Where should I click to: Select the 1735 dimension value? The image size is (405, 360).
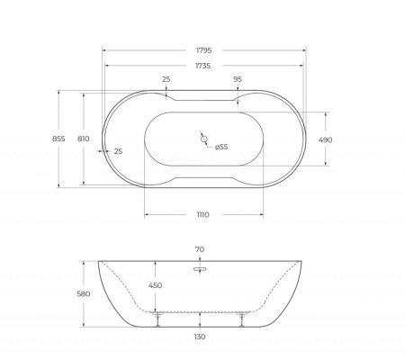(x=202, y=66)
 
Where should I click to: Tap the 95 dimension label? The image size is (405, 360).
(x=238, y=79)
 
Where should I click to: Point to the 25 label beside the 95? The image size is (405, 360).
(x=166, y=79)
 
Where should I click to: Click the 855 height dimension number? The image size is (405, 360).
(x=58, y=139)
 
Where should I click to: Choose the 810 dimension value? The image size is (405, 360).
(x=83, y=139)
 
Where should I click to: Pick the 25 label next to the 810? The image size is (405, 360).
(x=118, y=151)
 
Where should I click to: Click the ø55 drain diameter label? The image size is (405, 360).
(x=221, y=147)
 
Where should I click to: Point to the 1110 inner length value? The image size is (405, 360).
(x=202, y=214)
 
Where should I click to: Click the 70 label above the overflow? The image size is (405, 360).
(x=199, y=249)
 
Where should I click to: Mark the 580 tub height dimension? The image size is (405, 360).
(x=84, y=293)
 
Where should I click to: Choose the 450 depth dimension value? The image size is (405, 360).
(x=156, y=286)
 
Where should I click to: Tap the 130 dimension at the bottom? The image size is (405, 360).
(x=199, y=337)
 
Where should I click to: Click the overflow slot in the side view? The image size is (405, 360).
(x=199, y=267)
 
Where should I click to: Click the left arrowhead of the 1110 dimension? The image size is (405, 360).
(x=147, y=214)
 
